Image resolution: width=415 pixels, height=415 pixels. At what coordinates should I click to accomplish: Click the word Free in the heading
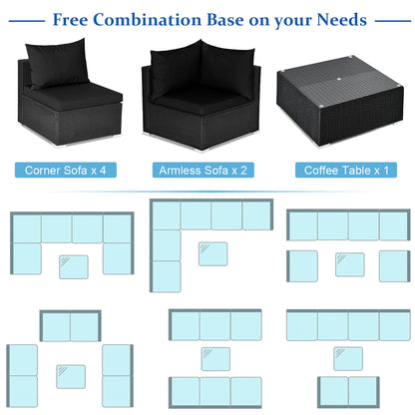point(70,20)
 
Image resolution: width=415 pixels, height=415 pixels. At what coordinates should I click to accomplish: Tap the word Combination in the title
point(148,20)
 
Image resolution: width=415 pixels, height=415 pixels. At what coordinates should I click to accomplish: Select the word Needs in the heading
point(341,20)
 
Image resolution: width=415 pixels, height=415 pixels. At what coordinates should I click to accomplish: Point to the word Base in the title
point(225,20)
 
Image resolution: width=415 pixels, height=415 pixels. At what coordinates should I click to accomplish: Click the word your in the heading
point(293,21)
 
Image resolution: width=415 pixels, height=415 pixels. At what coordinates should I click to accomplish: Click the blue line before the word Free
point(27,21)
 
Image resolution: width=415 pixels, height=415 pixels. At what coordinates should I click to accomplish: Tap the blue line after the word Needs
point(393,21)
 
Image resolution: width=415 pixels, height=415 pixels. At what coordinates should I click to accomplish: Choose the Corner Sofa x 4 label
point(66,170)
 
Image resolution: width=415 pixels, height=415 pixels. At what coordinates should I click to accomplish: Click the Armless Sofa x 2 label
point(204,170)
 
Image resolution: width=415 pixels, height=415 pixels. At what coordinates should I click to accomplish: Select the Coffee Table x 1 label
point(346,170)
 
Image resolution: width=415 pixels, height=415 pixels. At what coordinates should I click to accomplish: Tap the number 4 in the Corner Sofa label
point(103,171)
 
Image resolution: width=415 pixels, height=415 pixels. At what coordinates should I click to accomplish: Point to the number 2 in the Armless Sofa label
point(243,171)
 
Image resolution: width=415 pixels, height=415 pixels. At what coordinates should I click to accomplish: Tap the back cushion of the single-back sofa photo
point(58,63)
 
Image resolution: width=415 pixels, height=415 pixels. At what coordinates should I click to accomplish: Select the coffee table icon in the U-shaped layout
point(74,267)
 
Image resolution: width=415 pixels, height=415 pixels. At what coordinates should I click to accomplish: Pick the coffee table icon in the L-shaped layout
point(212,253)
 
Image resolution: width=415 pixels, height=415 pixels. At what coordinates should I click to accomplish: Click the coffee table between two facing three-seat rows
point(215,359)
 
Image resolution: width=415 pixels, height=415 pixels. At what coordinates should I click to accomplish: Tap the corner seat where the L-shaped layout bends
point(166,214)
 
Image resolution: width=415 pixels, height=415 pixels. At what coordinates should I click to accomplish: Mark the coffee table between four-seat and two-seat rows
point(348,359)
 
